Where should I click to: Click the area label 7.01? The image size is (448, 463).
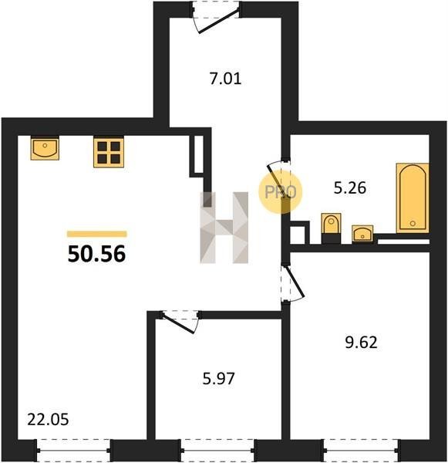[226, 79]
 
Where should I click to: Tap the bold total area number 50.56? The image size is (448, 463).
[97, 254]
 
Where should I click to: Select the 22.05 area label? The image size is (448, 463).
[48, 420]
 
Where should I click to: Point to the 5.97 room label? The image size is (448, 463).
[219, 379]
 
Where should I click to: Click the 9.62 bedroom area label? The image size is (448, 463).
[361, 343]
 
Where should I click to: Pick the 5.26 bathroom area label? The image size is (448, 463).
[350, 188]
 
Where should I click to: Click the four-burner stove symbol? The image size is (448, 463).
[109, 152]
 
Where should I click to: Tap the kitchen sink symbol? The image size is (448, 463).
[45, 148]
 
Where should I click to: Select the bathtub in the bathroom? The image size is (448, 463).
[413, 198]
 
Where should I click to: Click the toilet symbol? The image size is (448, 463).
[331, 228]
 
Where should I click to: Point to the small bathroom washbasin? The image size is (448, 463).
[362, 234]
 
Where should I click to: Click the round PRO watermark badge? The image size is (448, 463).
[281, 192]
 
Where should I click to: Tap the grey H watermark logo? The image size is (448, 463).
[224, 228]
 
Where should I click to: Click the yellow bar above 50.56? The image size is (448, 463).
[97, 234]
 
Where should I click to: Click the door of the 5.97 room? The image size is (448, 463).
[180, 322]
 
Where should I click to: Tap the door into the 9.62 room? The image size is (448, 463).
[291, 283]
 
